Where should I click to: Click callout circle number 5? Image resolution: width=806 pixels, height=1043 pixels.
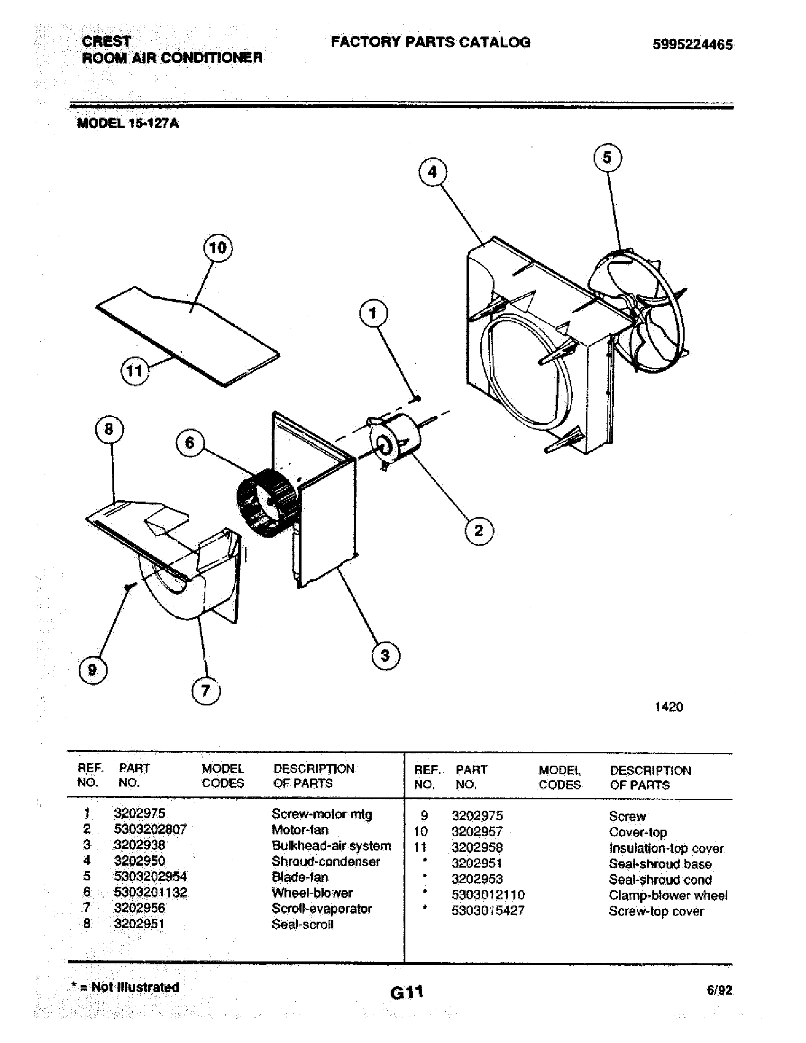pos(607,157)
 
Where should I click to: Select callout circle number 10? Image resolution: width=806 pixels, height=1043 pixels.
pos(218,248)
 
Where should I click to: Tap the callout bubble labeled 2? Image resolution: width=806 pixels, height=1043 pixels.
pos(478,531)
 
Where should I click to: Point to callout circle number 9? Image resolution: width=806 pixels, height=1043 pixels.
pos(92,670)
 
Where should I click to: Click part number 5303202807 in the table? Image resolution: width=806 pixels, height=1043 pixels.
pos(150,829)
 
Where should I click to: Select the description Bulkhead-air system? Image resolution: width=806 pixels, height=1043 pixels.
pos(331,845)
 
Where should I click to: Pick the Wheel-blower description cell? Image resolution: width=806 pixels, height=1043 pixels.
pos(312,893)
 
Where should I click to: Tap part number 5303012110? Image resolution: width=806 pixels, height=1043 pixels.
pos(487,895)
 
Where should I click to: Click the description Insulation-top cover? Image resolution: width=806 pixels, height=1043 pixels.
pos(666,848)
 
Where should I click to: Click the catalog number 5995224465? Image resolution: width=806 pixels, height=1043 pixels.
pos(692,45)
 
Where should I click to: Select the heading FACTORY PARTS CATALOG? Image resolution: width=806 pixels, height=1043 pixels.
pos(430,42)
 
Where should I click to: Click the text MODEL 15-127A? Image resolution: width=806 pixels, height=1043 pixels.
pos(128,123)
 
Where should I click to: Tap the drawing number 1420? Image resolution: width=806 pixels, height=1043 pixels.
pos(669,707)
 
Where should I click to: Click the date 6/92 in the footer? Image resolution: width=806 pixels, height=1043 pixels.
pos(719,990)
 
